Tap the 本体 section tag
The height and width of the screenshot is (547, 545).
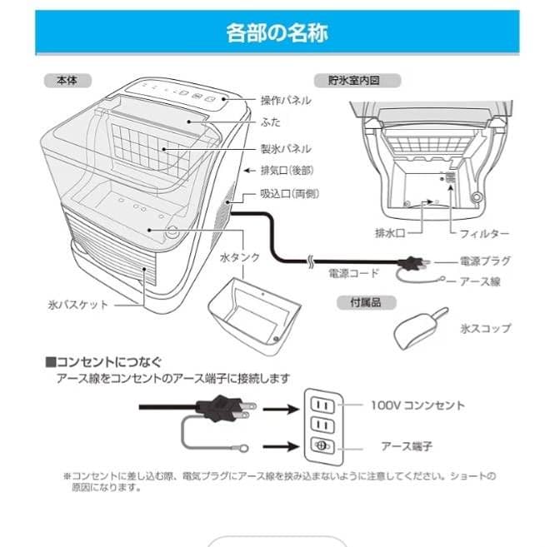66,81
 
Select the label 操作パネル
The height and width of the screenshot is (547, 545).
286,100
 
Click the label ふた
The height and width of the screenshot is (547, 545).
270,122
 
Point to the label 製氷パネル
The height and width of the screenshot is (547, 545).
286,148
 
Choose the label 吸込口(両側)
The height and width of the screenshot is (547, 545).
290,193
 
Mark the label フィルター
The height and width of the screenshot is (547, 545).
484,235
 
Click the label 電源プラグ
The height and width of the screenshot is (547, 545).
485,261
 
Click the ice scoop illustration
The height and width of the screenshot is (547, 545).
420,330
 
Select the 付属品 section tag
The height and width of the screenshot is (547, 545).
359,303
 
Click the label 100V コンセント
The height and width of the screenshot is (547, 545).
417,405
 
